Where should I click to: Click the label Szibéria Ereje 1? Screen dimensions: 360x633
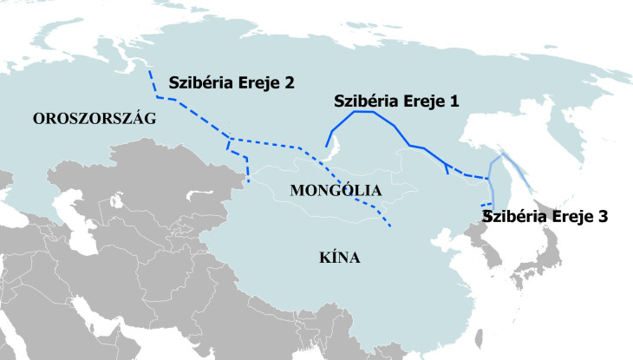396,101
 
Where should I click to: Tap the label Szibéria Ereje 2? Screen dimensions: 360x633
232,82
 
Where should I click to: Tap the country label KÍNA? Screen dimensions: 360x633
338,258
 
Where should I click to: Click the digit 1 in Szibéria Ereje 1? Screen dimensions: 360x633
452,101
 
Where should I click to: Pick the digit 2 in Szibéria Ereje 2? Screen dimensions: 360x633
289,82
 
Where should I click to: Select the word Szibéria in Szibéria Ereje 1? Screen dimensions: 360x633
365,101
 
